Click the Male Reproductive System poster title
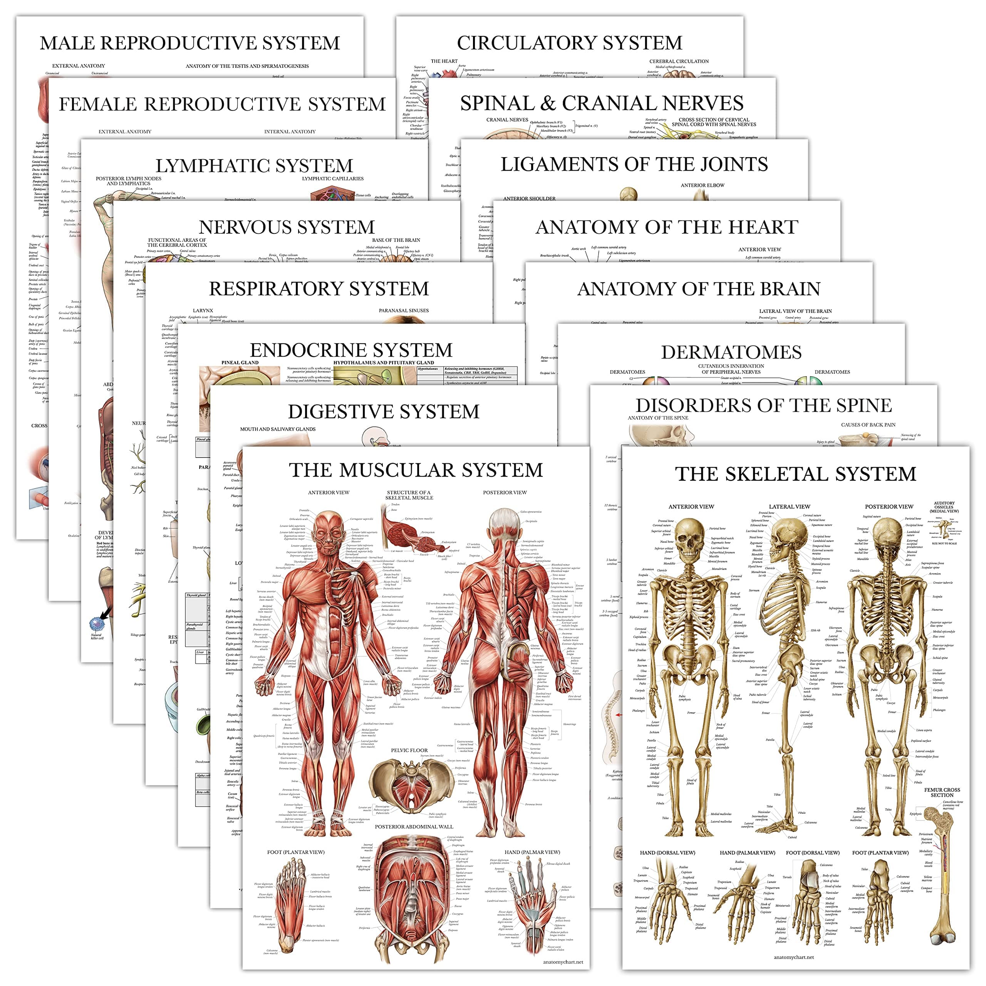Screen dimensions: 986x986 pyautogui.click(x=189, y=43)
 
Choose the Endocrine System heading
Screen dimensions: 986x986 pyautogui.click(x=351, y=350)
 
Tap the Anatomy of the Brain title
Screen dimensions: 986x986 pyautogui.click(x=699, y=289)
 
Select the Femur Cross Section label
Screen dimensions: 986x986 pyautogui.click(x=942, y=792)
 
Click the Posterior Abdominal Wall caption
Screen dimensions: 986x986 pyautogui.click(x=414, y=826)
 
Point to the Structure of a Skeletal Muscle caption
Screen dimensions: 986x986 pyautogui.click(x=409, y=495)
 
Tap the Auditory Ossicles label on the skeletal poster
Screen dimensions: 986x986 pyautogui.click(x=944, y=507)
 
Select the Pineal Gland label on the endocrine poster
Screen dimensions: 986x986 pyautogui.click(x=240, y=362)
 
